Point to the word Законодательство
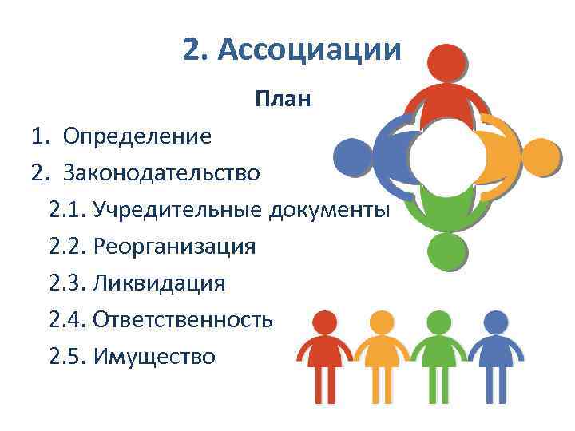click(x=162, y=172)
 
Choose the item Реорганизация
click(x=174, y=246)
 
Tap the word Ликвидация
click(x=159, y=283)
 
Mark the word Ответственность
click(x=183, y=319)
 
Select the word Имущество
click(x=154, y=356)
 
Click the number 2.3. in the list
click(x=67, y=283)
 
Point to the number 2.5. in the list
click(x=67, y=356)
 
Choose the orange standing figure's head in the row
click(x=380, y=323)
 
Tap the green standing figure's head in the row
click(x=438, y=323)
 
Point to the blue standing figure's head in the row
click(x=496, y=323)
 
